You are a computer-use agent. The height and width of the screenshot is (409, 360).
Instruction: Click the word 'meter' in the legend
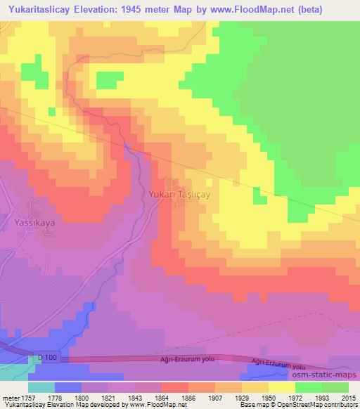tap(11, 397)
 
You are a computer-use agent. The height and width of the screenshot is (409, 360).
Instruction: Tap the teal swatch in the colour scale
tap(41, 387)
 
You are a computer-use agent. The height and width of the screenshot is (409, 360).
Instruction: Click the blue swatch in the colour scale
tap(67, 387)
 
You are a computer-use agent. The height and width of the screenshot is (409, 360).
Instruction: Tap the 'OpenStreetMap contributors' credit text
tap(319, 405)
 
